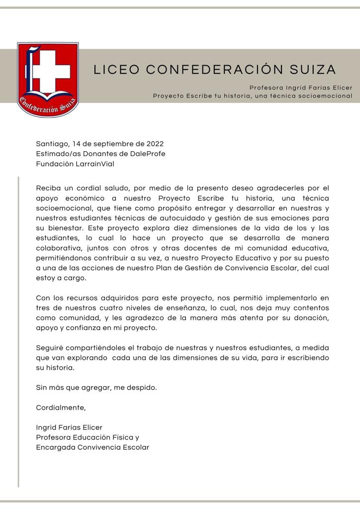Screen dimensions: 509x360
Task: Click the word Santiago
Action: pos(52,144)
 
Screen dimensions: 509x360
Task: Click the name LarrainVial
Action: pos(94,164)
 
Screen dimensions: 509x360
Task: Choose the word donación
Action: pos(311,318)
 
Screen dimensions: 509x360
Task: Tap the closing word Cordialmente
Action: pos(61,408)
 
